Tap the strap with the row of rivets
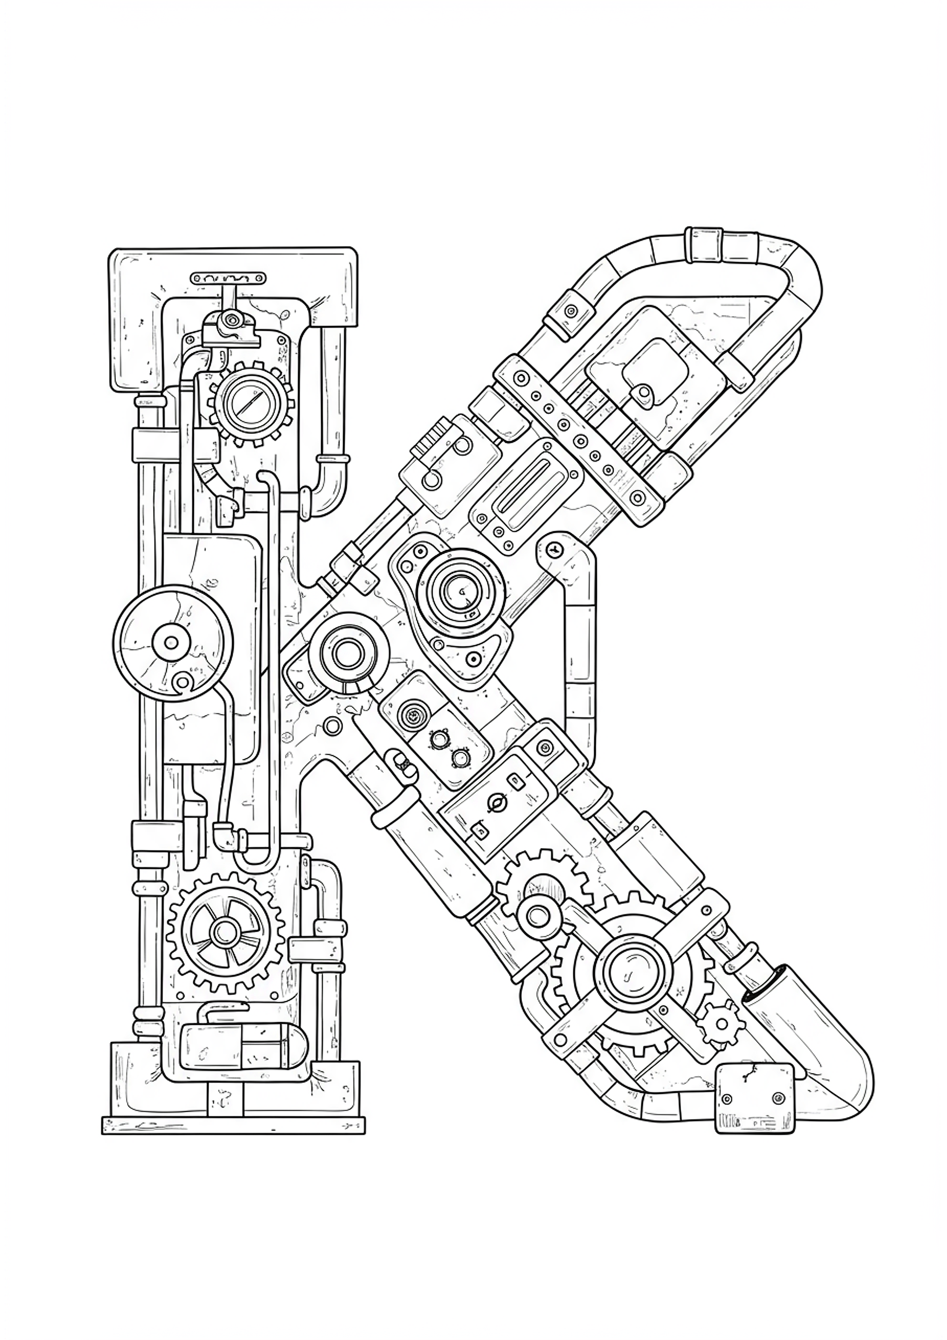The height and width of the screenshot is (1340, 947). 578,435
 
